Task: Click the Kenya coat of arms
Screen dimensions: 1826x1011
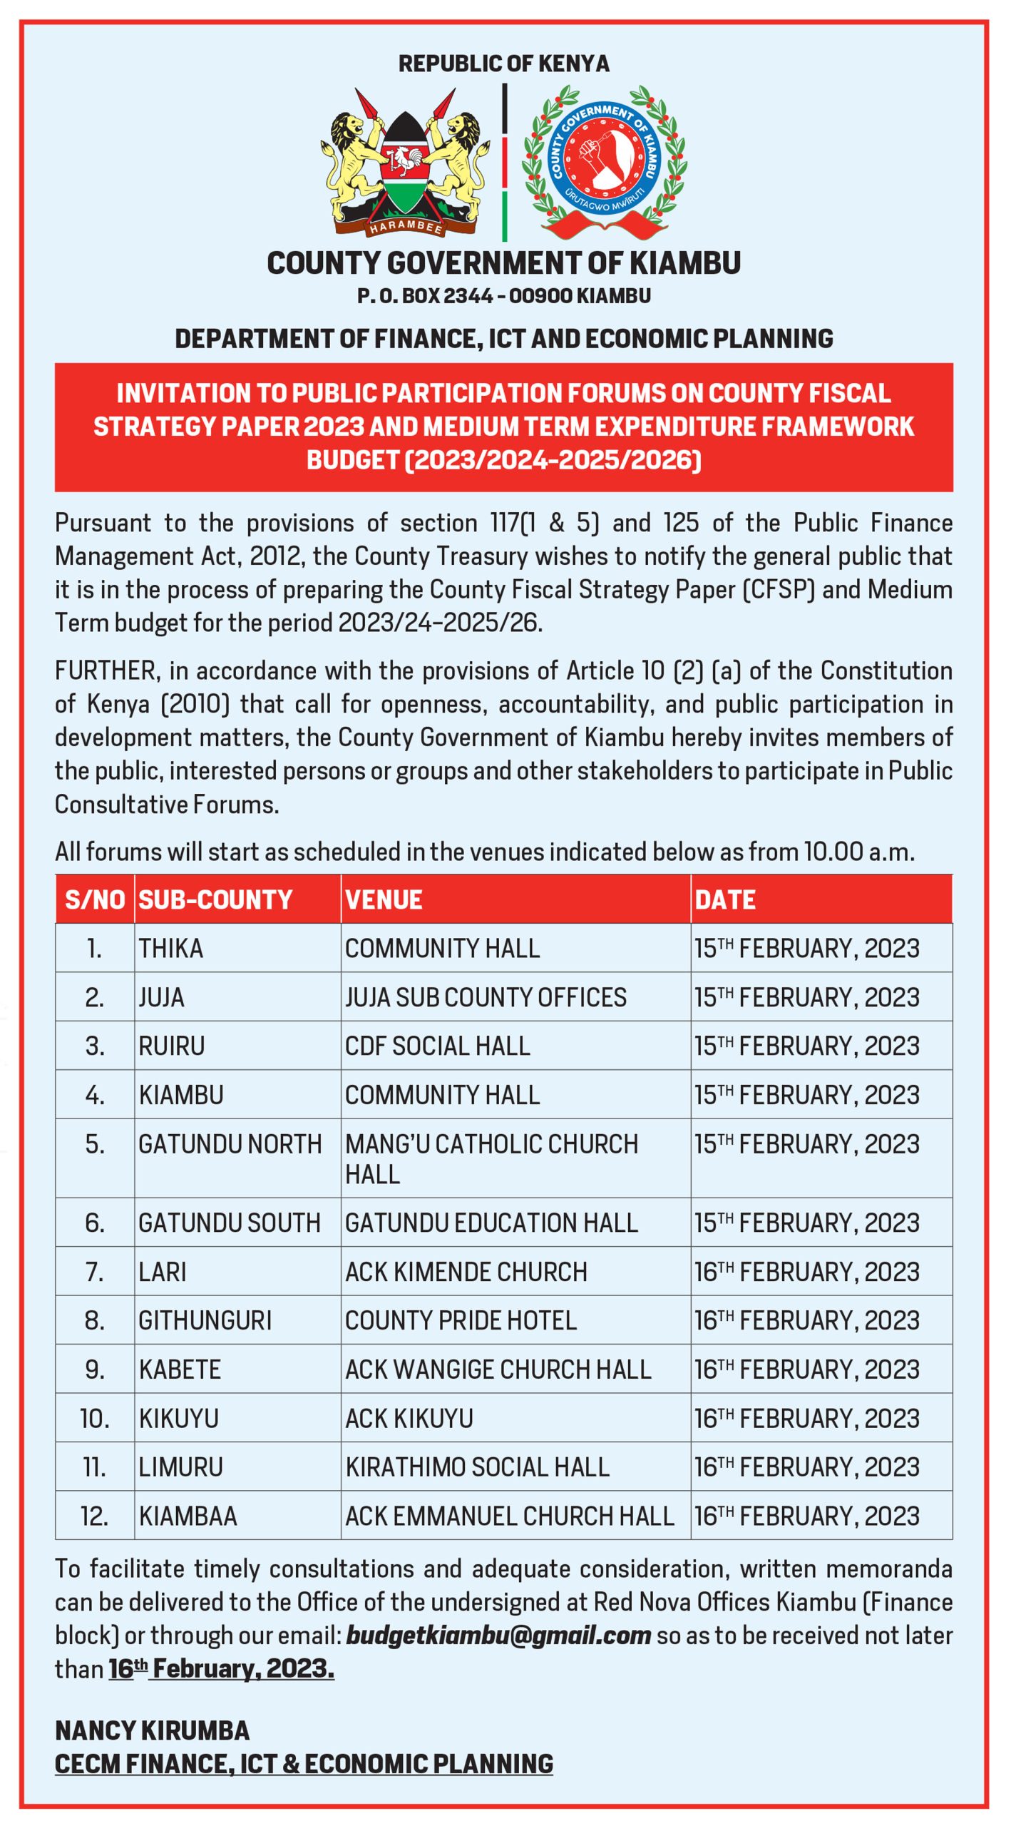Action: click(x=404, y=164)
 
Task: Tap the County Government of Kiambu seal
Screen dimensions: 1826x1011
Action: click(x=605, y=163)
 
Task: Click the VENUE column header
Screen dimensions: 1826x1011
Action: click(x=384, y=899)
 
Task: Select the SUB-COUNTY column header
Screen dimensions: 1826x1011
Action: click(x=215, y=899)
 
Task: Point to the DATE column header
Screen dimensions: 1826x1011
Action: click(x=724, y=899)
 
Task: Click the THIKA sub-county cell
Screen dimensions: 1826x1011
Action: click(x=171, y=949)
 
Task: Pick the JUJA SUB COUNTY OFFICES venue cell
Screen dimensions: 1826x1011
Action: click(x=486, y=997)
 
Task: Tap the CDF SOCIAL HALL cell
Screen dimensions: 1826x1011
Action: click(x=438, y=1046)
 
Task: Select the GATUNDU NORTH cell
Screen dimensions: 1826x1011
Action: click(x=230, y=1144)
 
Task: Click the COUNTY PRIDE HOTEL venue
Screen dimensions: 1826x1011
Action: click(x=461, y=1321)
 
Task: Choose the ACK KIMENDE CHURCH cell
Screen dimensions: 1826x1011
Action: click(x=466, y=1272)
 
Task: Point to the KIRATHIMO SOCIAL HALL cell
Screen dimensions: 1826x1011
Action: click(x=477, y=1467)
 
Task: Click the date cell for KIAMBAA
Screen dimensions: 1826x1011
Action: click(x=806, y=1516)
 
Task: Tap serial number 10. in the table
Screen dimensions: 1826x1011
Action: click(x=95, y=1419)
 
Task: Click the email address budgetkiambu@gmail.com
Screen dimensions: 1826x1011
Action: click(x=498, y=1635)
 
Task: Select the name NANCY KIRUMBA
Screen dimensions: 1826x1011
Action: click(x=153, y=1731)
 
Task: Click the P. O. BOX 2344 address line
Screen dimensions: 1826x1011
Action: click(x=504, y=296)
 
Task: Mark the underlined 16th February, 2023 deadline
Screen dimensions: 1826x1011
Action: click(x=222, y=1669)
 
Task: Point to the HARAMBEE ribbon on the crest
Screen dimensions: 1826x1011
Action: click(x=405, y=227)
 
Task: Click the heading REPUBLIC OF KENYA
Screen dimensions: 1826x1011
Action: click(x=504, y=63)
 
